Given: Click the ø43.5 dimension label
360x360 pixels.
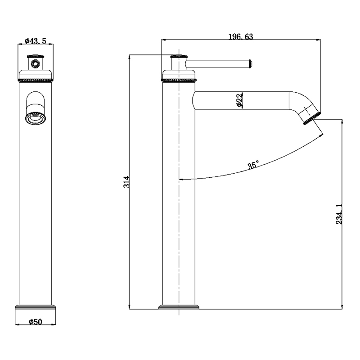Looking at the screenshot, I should click(36, 40).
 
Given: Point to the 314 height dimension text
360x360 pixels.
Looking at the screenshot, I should click(126, 182).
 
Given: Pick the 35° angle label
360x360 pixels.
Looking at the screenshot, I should click(253, 166).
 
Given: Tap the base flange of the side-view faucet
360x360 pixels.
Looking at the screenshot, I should click(179, 308).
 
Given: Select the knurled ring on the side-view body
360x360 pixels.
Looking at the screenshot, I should click(179, 80).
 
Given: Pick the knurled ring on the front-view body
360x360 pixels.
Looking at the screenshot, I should click(36, 80).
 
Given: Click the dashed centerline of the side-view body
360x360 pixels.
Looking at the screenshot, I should click(179, 202).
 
